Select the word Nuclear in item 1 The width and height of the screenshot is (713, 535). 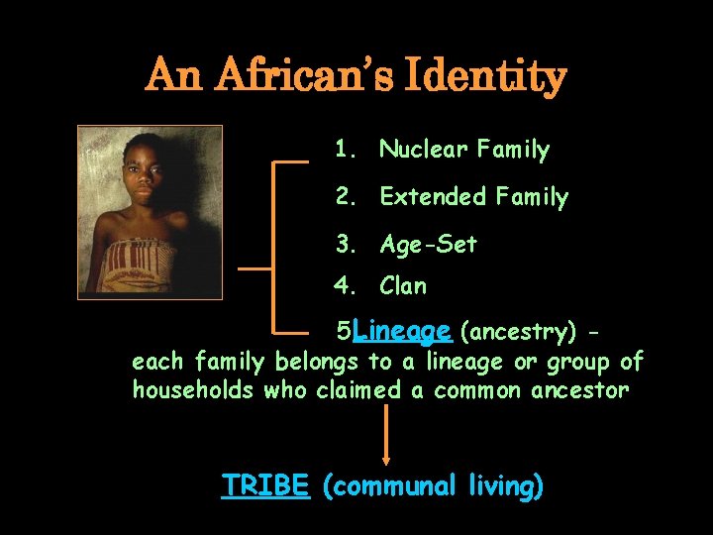click(424, 150)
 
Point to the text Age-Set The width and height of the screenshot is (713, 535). click(428, 244)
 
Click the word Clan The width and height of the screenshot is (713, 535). click(403, 286)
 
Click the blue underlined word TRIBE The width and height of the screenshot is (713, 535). click(266, 485)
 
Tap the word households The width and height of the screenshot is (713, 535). click(192, 389)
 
